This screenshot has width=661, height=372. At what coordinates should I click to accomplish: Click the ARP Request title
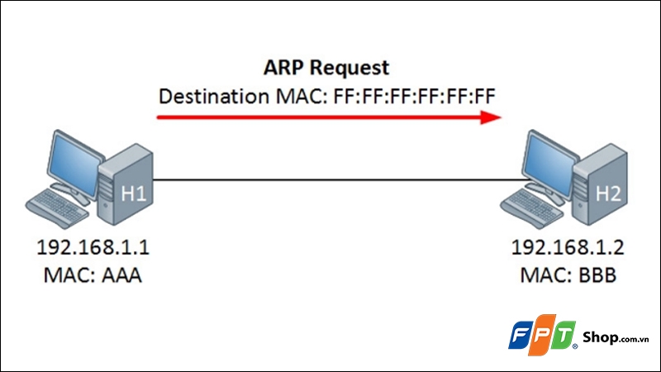tap(326, 67)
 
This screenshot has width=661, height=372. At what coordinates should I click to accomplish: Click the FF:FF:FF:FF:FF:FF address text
tap(415, 97)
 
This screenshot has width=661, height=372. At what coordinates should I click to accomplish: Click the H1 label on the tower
tap(134, 194)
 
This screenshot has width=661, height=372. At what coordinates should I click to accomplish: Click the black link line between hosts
tap(330, 179)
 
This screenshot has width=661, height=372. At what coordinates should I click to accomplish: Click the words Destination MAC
tap(244, 97)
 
